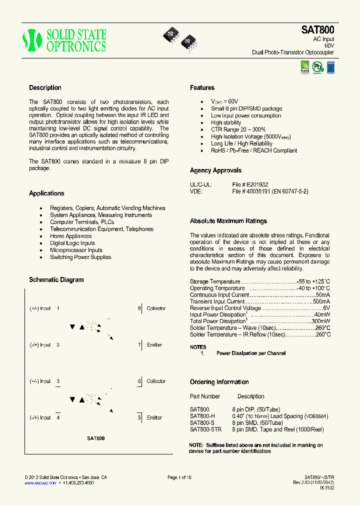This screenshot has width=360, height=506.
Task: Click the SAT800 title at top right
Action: pyautogui.click(x=317, y=30)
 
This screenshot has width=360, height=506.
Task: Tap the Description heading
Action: pyautogui.click(x=45, y=88)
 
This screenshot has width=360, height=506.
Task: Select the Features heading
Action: pyautogui.click(x=202, y=88)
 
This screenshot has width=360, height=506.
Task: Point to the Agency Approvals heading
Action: pyautogui.click(x=215, y=170)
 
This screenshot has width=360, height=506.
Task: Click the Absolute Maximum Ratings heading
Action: pyautogui.click(x=228, y=221)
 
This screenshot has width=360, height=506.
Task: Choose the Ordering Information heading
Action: pyautogui.click(x=219, y=382)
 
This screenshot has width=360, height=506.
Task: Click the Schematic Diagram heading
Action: pyautogui.click(x=56, y=280)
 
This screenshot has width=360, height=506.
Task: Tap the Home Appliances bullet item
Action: pyautogui.click(x=70, y=236)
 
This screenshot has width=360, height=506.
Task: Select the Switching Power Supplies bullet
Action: pyautogui.click(x=80, y=257)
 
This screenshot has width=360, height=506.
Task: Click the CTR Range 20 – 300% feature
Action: pyautogui.click(x=238, y=129)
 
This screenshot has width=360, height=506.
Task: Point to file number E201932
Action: pyautogui.click(x=257, y=184)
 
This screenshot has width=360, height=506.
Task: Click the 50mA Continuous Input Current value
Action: pyautogui.click(x=323, y=295)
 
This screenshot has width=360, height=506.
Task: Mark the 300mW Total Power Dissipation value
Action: pyautogui.click(x=321, y=321)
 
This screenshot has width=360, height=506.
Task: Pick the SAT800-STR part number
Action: pyautogui.click(x=206, y=429)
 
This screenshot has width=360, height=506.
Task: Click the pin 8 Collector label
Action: pyautogui.click(x=155, y=308)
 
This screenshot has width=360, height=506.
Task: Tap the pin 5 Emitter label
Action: pyautogui.click(x=154, y=417)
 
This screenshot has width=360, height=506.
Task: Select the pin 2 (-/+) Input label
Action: pyautogui.click(x=40, y=345)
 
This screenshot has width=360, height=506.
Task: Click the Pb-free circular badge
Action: pyautogui.click(x=317, y=66)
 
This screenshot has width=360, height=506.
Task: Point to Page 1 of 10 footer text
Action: pyautogui.click(x=179, y=477)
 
